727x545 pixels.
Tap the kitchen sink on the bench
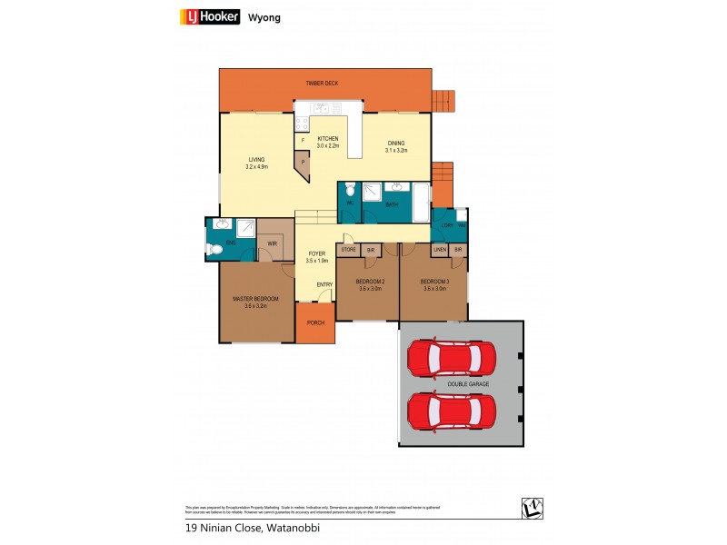[x=321, y=108]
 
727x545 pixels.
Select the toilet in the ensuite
[x=214, y=247]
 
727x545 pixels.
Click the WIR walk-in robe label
[x=272, y=243]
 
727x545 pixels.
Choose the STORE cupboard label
[x=348, y=249]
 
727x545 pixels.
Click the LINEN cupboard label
[x=438, y=249]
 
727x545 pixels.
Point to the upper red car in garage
[x=452, y=359]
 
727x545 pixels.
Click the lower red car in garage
[x=452, y=411]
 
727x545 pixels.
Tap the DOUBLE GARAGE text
[x=468, y=384]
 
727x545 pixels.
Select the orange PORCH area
[x=314, y=322]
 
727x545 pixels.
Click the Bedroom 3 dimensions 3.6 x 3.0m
[x=433, y=289]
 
